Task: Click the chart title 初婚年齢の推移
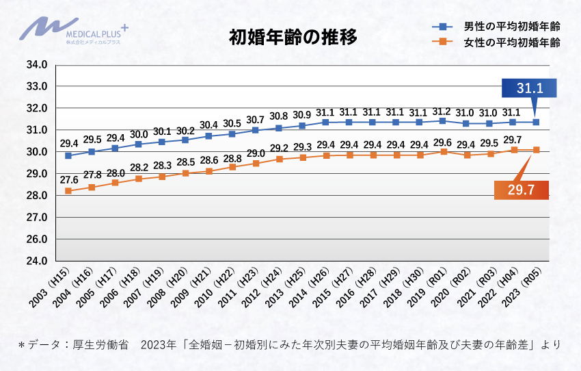click(293, 37)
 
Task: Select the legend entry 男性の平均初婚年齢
click(496, 26)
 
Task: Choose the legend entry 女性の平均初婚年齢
click(496, 42)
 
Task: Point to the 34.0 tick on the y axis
click(36, 65)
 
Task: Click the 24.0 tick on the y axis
click(36, 261)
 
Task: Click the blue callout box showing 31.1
click(529, 88)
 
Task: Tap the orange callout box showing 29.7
click(521, 189)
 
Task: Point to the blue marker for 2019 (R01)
click(443, 120)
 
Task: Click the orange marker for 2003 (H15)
click(68, 191)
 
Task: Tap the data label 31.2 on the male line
click(443, 112)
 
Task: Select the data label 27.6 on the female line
click(68, 179)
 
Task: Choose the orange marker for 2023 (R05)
click(537, 149)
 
